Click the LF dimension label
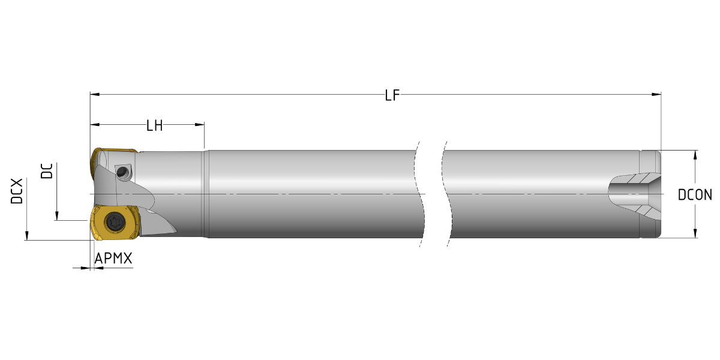coord(392,95)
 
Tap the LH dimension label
coord(154,125)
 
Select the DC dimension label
coord(47,171)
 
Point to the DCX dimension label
coord(17,191)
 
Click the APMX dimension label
coord(113,259)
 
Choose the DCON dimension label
coord(695,195)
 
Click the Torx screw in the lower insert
coord(115,221)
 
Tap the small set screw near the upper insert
coord(122,172)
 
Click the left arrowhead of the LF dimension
coord(95,95)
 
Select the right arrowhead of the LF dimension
coord(656,95)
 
